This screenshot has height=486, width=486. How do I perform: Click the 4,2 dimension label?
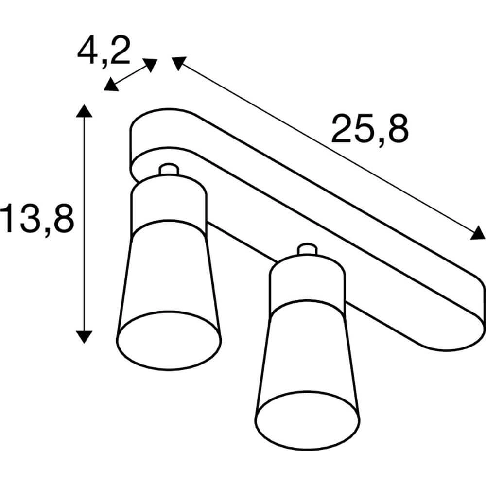[103, 51]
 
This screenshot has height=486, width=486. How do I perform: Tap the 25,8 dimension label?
[370, 130]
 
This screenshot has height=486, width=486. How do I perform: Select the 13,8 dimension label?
[37, 218]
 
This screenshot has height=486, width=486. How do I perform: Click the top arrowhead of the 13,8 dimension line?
[84, 111]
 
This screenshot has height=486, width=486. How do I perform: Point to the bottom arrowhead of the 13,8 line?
[84, 337]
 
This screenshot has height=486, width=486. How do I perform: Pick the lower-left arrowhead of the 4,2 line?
[110, 85]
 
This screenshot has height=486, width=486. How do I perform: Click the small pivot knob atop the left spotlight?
[169, 169]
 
